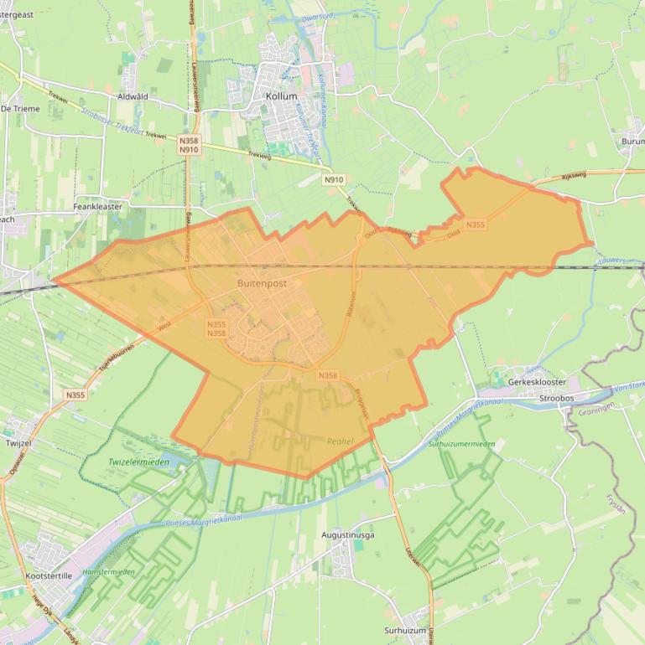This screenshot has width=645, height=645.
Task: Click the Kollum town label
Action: (x=281, y=96)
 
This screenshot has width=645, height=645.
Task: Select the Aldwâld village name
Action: (x=133, y=96)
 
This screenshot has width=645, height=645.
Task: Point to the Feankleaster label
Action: (x=98, y=206)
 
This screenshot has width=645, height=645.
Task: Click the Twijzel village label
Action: (x=18, y=442)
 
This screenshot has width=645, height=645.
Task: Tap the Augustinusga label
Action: (x=348, y=534)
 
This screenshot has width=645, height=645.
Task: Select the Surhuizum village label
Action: (x=406, y=630)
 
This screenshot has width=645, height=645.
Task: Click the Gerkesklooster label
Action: (x=537, y=382)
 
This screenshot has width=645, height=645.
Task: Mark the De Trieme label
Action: (x=20, y=109)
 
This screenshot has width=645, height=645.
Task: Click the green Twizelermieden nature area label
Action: (x=138, y=462)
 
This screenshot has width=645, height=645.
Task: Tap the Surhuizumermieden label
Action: (x=460, y=444)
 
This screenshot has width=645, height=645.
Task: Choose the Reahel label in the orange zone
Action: (x=340, y=441)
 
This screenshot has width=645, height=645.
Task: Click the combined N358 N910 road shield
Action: (x=189, y=145)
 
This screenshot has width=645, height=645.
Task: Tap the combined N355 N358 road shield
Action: (x=216, y=328)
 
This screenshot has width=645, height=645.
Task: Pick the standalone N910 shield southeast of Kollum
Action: (x=334, y=179)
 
